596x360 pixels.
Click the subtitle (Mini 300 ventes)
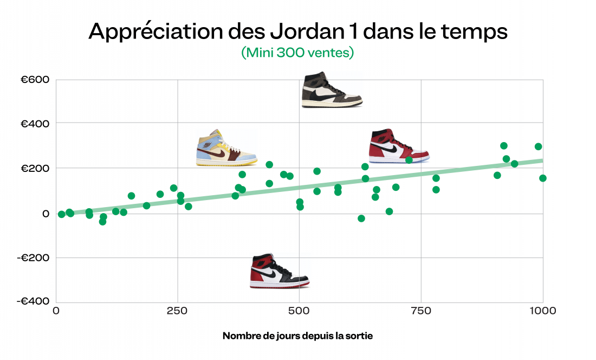click(x=297, y=53)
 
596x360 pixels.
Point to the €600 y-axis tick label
click(x=35, y=80)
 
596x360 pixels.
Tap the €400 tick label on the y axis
click(x=35, y=124)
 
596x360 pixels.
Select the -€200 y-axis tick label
click(x=34, y=258)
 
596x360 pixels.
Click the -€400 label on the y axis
click(x=34, y=301)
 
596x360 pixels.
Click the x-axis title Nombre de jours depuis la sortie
click(x=297, y=336)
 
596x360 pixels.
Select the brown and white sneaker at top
click(x=332, y=90)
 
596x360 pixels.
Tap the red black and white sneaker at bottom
click(x=279, y=271)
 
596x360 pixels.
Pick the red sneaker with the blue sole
click(x=398, y=146)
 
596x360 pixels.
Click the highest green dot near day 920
click(x=504, y=145)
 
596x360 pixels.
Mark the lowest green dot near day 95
click(x=102, y=221)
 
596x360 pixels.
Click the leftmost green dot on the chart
click(x=62, y=214)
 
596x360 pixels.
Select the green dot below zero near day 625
click(x=361, y=218)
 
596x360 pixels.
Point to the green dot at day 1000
click(x=543, y=178)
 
